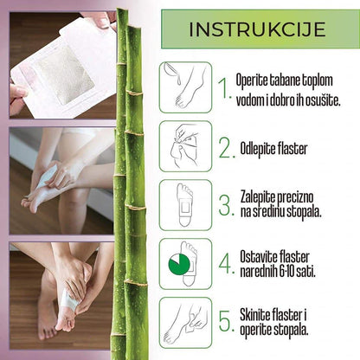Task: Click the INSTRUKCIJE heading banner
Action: point(257,29)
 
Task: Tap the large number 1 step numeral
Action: point(224,87)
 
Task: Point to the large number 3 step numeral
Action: point(225,205)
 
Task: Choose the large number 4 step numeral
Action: point(225,264)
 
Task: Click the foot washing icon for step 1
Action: point(184,87)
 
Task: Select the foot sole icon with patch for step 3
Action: point(184,205)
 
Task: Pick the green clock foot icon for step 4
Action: point(184,264)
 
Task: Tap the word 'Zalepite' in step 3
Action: point(260,197)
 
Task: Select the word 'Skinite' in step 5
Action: point(259,315)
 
